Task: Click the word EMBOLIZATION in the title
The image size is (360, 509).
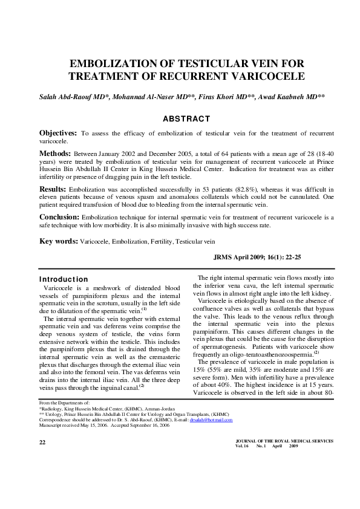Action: [107, 63]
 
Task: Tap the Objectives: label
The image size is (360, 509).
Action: [58, 132]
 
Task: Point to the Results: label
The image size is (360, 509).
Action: [53, 189]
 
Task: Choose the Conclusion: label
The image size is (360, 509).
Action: [59, 216]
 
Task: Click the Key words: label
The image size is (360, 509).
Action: [59, 241]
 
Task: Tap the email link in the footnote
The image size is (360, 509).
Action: [211, 419]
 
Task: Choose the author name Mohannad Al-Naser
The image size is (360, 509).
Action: [148, 97]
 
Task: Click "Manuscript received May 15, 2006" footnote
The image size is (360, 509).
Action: [75, 424]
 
